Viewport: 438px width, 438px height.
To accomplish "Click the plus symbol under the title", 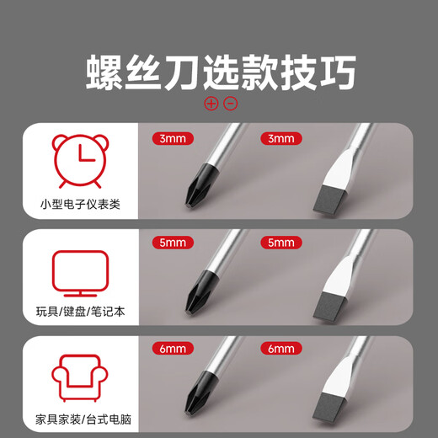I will (211, 104).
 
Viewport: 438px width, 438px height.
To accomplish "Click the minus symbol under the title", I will (230, 104).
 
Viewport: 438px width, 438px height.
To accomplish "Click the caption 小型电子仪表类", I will (79, 205).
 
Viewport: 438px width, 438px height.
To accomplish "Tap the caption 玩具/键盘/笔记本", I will (79, 312).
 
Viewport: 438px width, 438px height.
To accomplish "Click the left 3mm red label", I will (173, 138).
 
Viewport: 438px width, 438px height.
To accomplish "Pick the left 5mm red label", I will (173, 243).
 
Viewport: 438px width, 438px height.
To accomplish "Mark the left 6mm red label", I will (173, 349).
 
